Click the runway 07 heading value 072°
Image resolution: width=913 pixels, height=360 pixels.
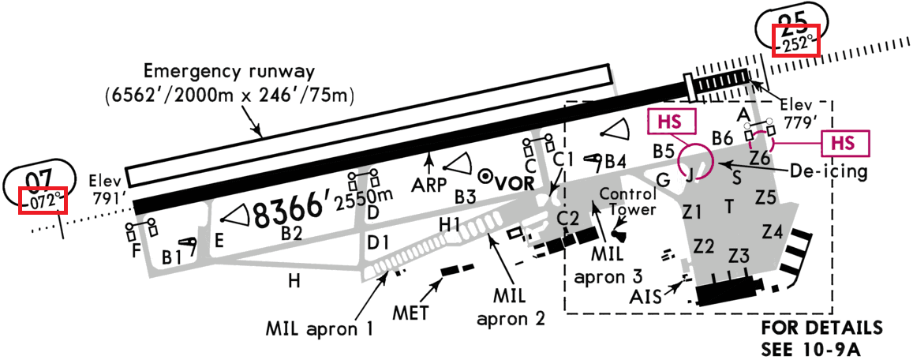tap(43, 201)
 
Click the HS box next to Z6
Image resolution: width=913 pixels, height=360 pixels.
tap(845, 144)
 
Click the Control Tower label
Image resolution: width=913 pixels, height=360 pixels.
tap(628, 201)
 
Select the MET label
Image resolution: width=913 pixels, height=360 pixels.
tap(410, 312)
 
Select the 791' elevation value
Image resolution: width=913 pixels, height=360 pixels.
tap(109, 197)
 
